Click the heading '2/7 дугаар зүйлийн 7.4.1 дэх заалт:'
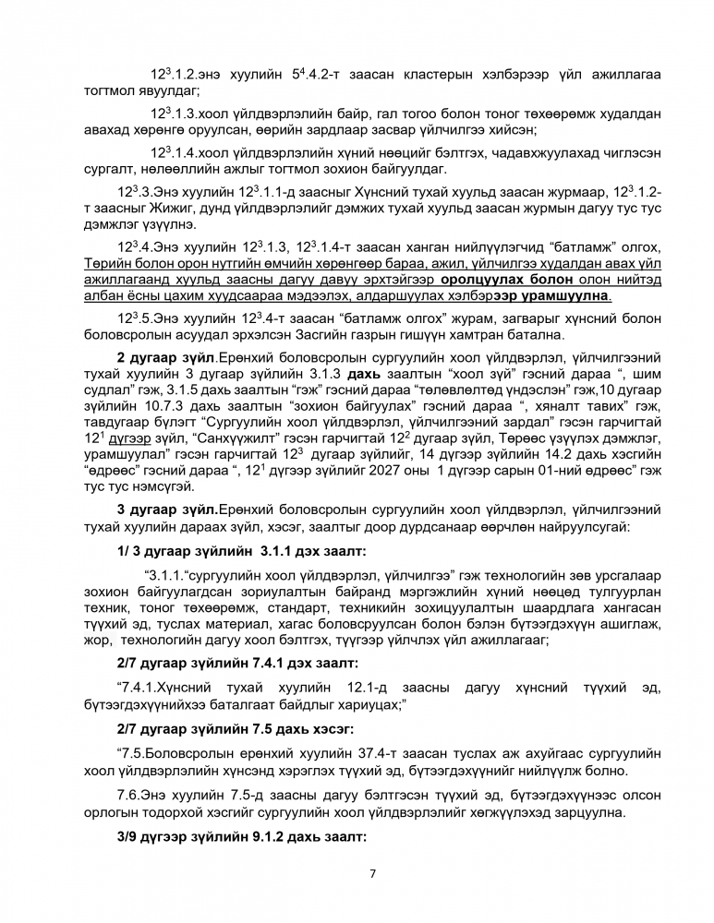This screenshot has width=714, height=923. pos(237,663)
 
